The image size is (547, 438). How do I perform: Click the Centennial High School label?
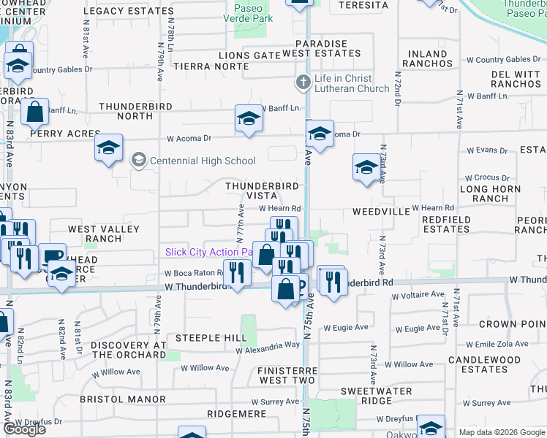coord(203,161)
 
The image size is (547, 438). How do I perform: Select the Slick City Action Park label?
coord(209,252)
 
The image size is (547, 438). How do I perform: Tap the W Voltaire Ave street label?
coord(418,296)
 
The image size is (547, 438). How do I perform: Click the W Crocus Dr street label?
coord(488,177)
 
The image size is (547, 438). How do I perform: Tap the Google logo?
coord(25,429)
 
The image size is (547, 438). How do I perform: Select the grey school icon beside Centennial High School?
coord(138,160)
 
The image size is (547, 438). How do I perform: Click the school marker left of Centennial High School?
coord(108,149)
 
